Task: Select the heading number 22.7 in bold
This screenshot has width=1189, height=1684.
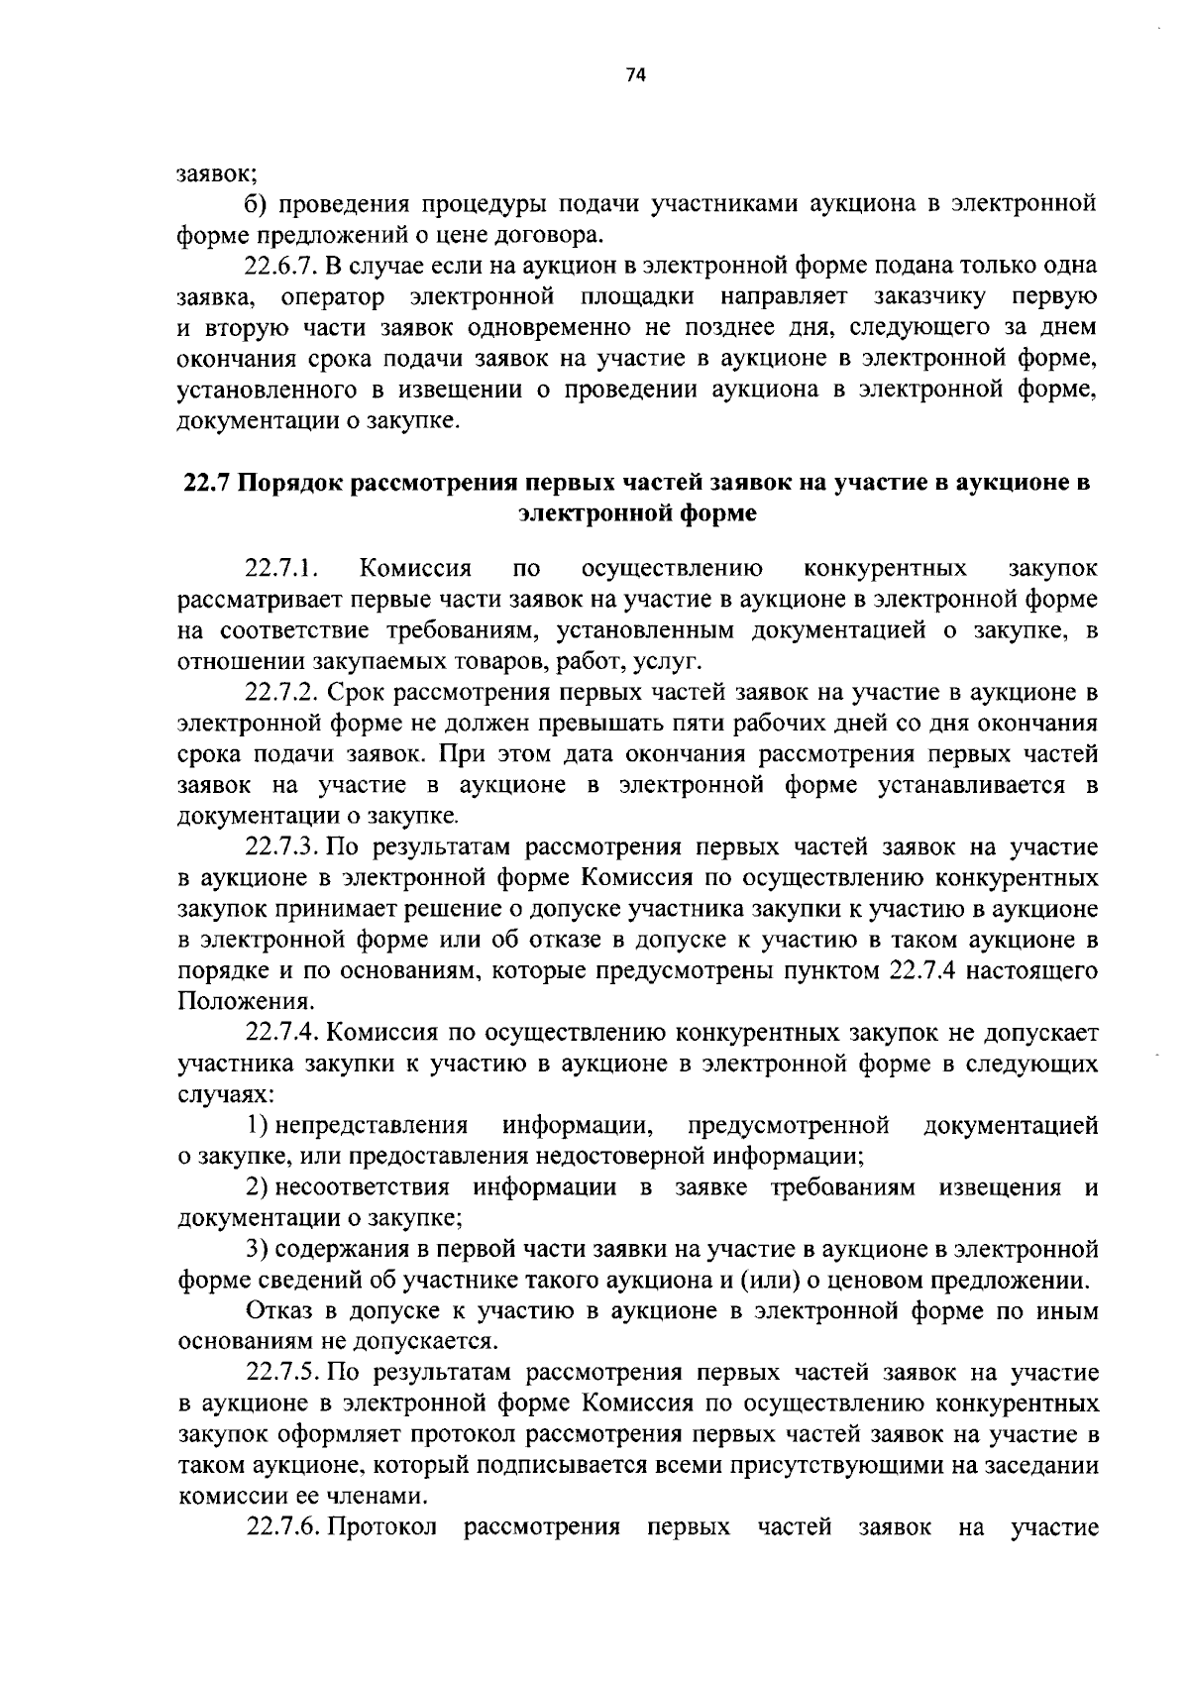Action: (207, 484)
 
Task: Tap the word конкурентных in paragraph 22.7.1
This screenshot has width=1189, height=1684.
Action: (885, 569)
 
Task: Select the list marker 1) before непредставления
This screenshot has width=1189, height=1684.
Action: (259, 1126)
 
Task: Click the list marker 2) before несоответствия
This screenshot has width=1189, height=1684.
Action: (259, 1187)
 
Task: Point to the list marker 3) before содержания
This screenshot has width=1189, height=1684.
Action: (259, 1249)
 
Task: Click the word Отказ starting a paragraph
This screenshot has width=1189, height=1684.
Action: (274, 1311)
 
